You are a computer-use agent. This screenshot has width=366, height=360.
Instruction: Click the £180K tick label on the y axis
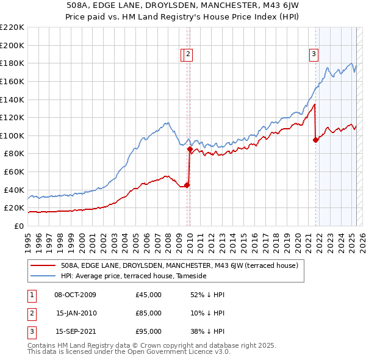12,63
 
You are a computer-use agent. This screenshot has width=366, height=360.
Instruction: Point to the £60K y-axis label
14,172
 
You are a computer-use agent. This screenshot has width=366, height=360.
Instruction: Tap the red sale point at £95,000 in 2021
315,140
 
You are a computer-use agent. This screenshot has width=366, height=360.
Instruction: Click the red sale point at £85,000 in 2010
190,149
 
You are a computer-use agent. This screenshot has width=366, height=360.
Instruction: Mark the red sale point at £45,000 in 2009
187,185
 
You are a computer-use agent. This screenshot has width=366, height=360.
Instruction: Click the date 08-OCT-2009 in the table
75,295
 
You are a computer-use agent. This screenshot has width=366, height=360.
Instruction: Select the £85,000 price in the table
148,313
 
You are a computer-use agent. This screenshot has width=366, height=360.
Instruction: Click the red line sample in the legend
43,265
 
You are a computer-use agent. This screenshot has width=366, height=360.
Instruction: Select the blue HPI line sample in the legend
43,276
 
